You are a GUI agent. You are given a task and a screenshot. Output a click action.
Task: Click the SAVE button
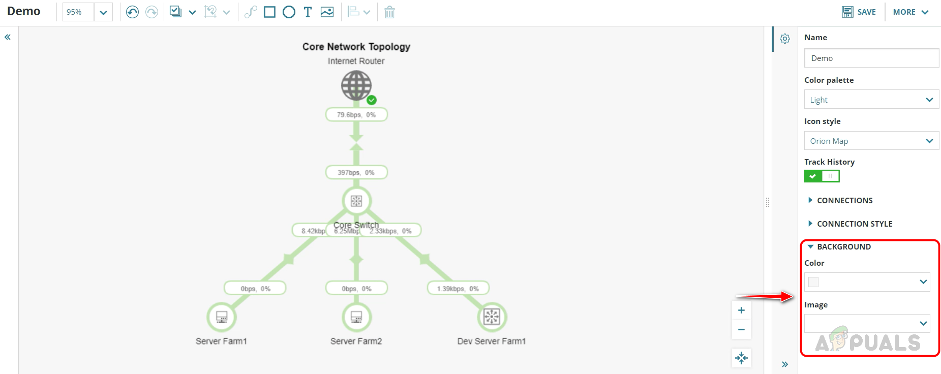[859, 12]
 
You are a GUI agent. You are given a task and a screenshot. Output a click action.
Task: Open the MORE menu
[910, 12]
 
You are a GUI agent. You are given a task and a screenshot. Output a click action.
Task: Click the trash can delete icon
[389, 12]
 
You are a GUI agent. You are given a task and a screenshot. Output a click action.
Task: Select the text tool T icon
[308, 12]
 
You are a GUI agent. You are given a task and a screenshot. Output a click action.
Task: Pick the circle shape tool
[289, 12]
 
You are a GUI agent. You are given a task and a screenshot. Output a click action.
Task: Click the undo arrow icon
[132, 12]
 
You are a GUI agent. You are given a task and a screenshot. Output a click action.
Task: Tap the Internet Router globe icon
[356, 85]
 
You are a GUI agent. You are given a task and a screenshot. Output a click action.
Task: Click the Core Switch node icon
[356, 201]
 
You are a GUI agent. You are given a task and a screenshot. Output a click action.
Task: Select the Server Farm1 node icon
[222, 317]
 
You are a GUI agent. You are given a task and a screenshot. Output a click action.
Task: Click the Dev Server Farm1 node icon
[492, 317]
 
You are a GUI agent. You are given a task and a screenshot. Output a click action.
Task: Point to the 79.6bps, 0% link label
[356, 115]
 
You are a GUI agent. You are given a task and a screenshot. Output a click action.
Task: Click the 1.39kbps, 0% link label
[458, 289]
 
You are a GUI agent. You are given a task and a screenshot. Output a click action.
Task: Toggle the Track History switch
[822, 176]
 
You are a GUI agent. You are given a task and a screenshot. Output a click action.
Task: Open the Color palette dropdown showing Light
[871, 100]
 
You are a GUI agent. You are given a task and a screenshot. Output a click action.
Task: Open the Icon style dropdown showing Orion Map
[871, 141]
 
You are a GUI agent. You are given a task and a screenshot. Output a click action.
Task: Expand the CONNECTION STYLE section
[854, 224]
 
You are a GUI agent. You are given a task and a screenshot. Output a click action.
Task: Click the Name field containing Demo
[871, 58]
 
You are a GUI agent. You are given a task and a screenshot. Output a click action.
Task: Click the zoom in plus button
[741, 310]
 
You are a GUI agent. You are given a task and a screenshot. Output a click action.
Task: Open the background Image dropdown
[867, 323]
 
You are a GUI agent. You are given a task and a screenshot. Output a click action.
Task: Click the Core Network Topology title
[356, 47]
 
